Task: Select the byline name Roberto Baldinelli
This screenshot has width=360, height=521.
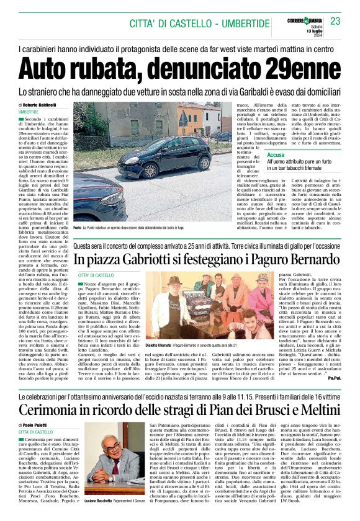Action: point(42,105)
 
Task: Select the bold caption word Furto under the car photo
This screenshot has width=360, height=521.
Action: point(79,228)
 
